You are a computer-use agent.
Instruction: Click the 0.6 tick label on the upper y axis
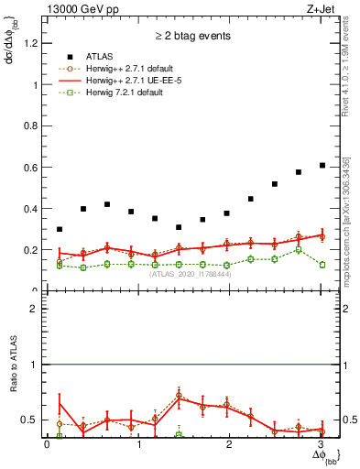(32, 168)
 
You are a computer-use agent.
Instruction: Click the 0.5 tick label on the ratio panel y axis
(32, 420)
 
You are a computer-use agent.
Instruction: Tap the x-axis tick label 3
(320, 445)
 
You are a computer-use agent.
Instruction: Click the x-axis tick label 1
(138, 445)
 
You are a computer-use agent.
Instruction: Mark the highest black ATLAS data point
(322, 165)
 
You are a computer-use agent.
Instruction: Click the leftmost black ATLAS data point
(60, 229)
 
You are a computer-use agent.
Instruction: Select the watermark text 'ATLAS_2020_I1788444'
(190, 274)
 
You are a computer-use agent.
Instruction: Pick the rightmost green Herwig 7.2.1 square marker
(322, 265)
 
